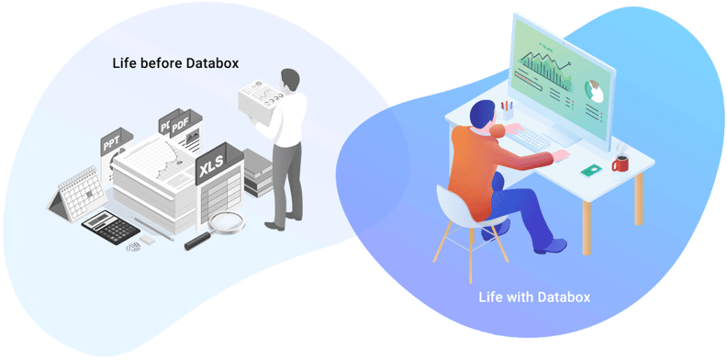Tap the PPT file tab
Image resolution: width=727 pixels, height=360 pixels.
click(111, 142)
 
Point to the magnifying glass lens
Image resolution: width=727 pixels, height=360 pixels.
click(227, 220)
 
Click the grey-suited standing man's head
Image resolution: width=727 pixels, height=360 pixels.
click(290, 78)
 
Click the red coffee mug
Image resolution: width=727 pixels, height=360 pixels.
click(621, 163)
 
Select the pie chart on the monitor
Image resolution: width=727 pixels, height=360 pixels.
click(594, 91)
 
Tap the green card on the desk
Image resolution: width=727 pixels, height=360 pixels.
click(588, 170)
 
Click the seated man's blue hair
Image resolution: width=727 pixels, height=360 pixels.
click(484, 115)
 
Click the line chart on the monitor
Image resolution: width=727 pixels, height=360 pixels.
click(546, 68)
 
